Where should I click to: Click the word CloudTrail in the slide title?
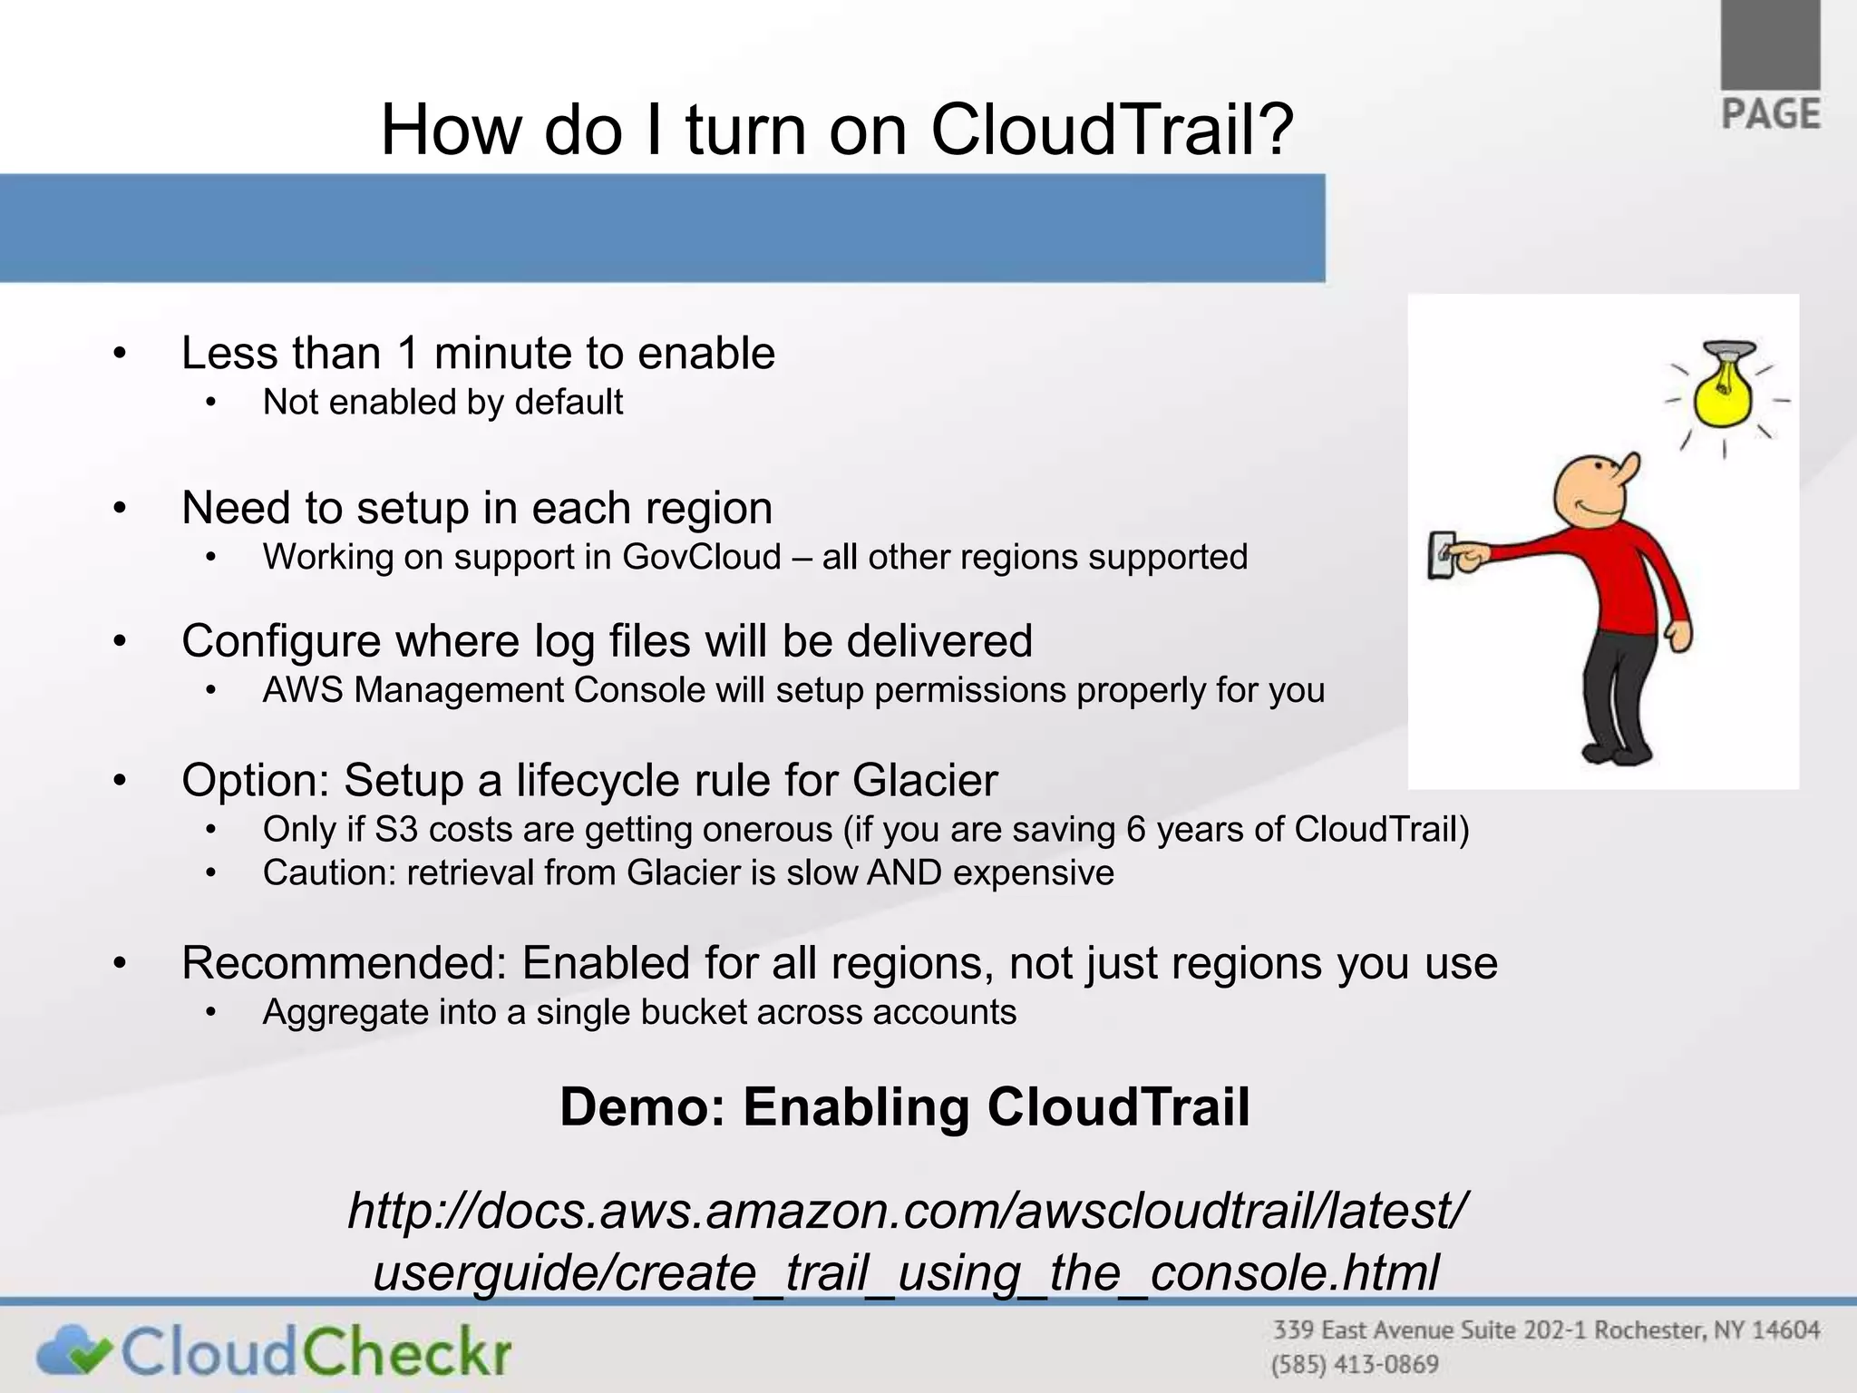(1113, 130)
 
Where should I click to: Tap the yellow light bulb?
(1724, 396)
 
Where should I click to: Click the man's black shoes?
(1619, 752)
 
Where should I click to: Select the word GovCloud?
(701, 557)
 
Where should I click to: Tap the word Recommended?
(344, 963)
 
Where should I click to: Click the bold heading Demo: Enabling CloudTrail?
(904, 1107)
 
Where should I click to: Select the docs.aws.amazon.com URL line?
(906, 1211)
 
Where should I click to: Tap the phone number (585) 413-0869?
(1355, 1365)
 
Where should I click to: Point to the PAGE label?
(1770, 115)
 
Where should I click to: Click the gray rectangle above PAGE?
(1770, 44)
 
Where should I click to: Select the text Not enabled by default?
(442, 403)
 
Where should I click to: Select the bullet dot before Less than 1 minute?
(120, 354)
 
